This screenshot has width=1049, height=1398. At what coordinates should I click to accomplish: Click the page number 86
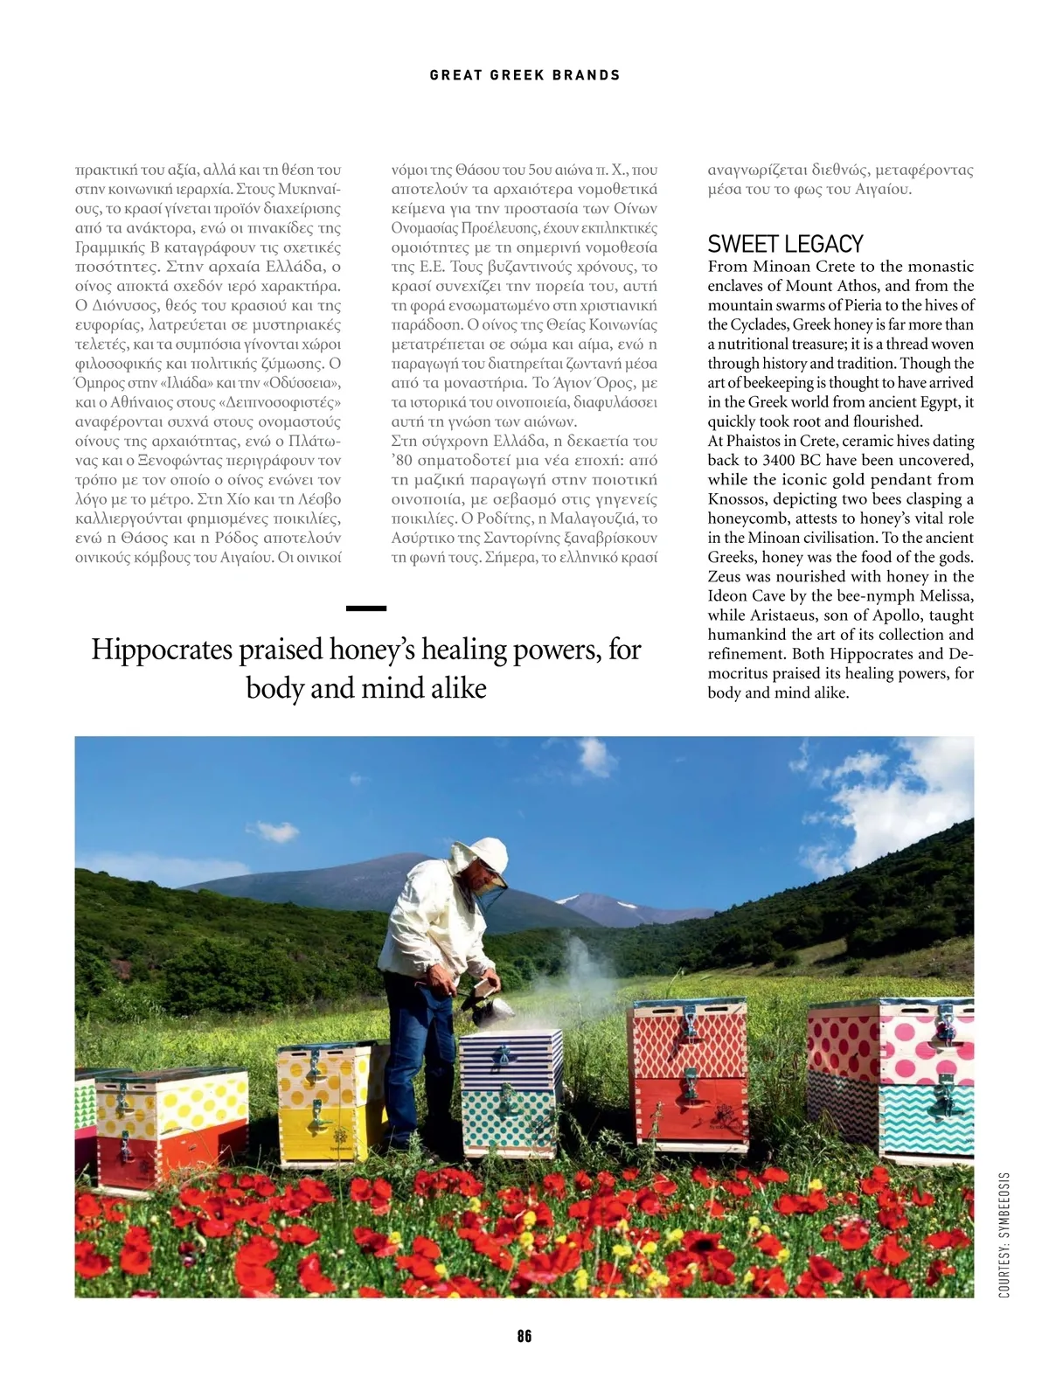tap(524, 1336)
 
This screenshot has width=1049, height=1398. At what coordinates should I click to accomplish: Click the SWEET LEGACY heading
tap(785, 244)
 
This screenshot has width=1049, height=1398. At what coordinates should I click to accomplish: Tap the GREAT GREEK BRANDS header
tap(524, 75)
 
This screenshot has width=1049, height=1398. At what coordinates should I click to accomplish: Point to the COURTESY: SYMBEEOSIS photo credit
tap(1004, 1235)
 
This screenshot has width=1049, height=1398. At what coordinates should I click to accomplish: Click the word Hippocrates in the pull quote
tap(162, 650)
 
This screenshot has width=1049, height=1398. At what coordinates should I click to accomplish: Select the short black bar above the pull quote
tap(366, 608)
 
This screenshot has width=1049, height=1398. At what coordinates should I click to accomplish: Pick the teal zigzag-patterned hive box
tap(927, 1119)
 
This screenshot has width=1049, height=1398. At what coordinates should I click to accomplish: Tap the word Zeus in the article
tap(725, 577)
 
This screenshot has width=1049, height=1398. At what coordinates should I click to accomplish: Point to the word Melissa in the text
tap(946, 596)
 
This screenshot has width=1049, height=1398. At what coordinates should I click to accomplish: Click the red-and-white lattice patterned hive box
tap(689, 1040)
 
